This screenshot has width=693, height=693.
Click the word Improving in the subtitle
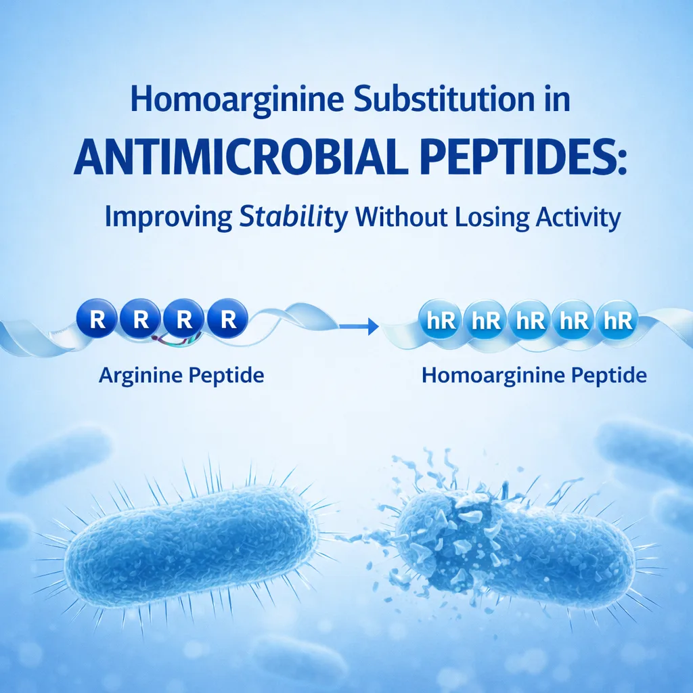coord(167,219)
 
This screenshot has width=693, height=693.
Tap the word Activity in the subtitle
coord(571,219)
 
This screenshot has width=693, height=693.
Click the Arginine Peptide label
coord(181,375)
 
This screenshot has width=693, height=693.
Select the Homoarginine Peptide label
coord(534,375)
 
